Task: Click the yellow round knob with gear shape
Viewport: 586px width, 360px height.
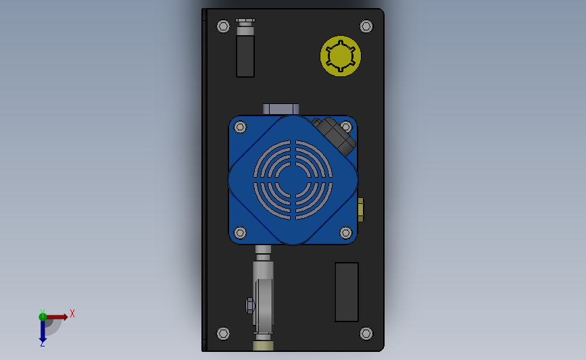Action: pyautogui.click(x=341, y=56)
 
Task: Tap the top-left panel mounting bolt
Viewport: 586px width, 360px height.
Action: pyautogui.click(x=223, y=26)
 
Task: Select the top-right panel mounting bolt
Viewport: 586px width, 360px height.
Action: pyautogui.click(x=366, y=26)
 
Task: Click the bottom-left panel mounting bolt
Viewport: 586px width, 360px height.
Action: pyautogui.click(x=223, y=334)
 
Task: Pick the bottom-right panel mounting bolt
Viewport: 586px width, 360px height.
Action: pyautogui.click(x=366, y=334)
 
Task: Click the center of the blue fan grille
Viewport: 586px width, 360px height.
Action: pyautogui.click(x=293, y=180)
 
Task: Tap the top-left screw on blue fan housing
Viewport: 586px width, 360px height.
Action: pyautogui.click(x=240, y=127)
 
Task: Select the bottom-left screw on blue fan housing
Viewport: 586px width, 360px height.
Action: pyautogui.click(x=240, y=233)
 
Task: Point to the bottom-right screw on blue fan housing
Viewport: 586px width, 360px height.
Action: pyautogui.click(x=345, y=233)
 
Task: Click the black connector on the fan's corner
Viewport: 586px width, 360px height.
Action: pyautogui.click(x=334, y=136)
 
